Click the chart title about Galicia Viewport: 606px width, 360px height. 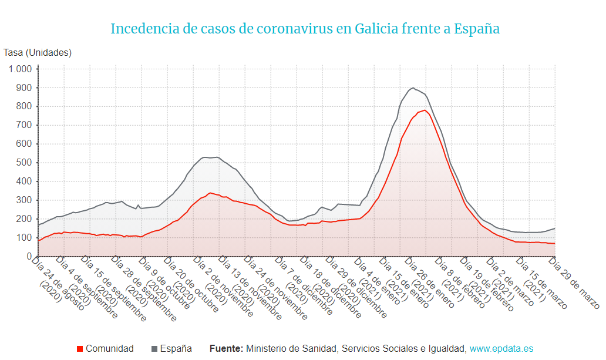(305, 28)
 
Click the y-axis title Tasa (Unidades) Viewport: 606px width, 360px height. (38, 53)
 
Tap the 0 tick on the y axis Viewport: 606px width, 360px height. (28, 257)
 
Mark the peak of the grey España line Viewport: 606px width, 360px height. (413, 88)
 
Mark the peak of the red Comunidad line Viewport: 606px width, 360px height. (425, 110)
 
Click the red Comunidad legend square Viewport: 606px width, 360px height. (80, 349)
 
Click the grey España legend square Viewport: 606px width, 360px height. (154, 349)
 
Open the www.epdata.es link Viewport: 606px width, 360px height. (501, 349)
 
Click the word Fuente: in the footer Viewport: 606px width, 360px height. (226, 349)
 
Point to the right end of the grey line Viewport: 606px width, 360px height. (555, 228)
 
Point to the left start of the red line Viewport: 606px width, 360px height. (39, 240)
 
